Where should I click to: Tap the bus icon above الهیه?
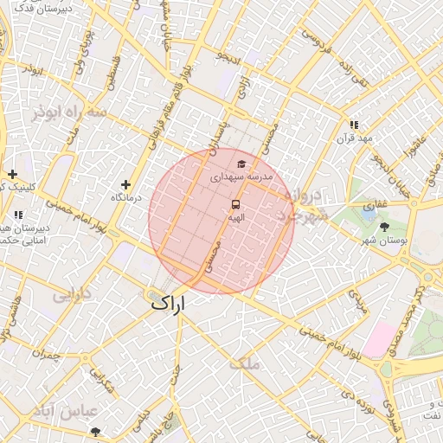tap(235, 204)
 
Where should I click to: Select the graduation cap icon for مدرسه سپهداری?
tap(241, 164)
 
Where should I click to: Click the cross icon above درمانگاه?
tap(126, 184)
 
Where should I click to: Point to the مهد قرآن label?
tap(355, 138)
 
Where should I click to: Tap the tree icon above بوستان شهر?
tap(384, 226)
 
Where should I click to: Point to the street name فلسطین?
tap(113, 74)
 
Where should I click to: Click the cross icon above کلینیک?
tap(12, 174)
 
